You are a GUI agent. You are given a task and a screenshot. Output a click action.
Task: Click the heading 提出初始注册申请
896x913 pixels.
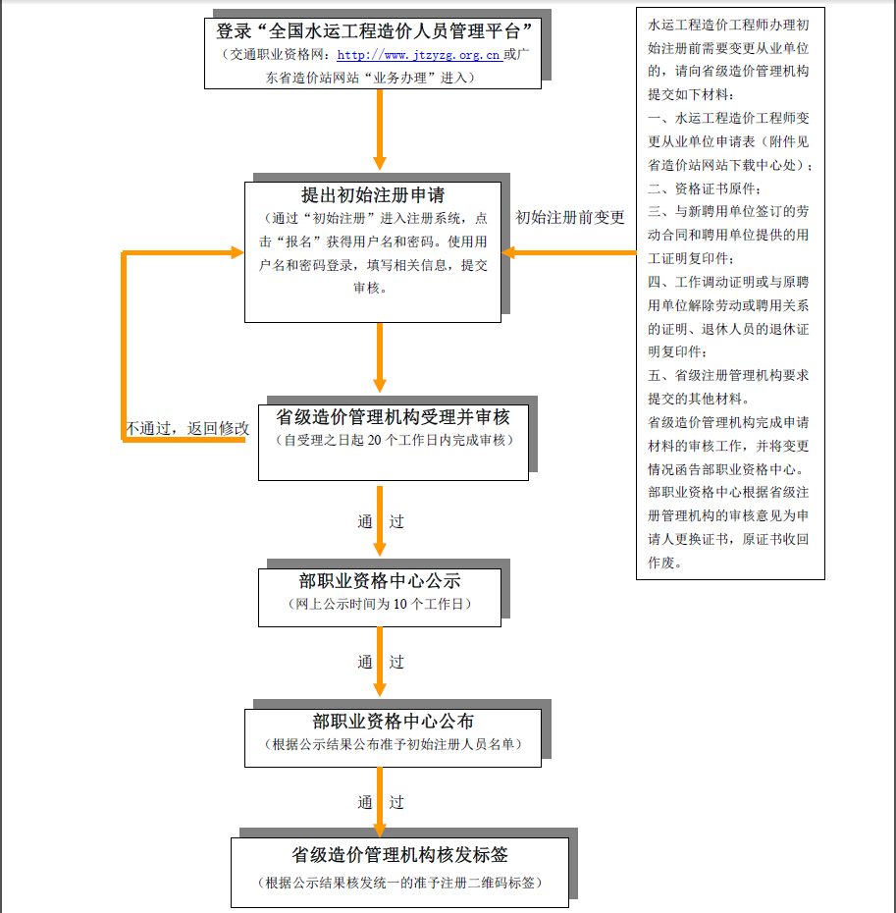373,195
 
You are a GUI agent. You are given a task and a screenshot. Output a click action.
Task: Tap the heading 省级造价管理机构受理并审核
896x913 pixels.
394,417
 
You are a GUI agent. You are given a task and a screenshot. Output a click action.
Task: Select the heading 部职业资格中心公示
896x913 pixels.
380,581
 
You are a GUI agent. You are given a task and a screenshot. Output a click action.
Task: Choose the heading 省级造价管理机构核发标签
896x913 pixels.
399,855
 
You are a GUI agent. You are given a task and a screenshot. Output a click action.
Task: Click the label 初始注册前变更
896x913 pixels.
570,218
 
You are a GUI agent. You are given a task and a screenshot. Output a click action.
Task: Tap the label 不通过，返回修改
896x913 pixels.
186,429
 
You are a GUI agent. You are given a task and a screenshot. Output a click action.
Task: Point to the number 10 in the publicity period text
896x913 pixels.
400,604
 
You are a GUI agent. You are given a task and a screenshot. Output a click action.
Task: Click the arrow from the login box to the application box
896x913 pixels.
380,128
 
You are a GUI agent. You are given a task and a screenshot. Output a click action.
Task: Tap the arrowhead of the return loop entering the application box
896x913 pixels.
235,252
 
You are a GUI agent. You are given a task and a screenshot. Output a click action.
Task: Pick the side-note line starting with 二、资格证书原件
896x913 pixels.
704,188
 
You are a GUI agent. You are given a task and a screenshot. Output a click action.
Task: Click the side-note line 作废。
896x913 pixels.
665,563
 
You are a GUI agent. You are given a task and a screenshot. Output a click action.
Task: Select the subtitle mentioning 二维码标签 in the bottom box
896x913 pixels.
399,883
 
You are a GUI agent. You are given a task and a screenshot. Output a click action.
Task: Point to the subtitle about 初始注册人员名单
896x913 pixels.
393,745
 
